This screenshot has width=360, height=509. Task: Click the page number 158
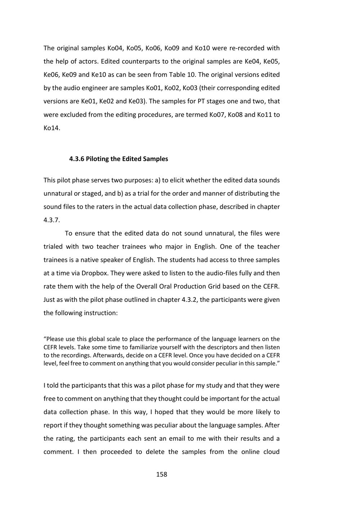pyautogui.click(x=162, y=474)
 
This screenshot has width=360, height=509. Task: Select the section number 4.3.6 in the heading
pyautogui.click(x=76, y=159)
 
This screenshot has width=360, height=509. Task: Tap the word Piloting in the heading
pyautogui.click(x=97, y=159)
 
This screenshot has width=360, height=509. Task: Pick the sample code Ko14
pyautogui.click(x=52, y=128)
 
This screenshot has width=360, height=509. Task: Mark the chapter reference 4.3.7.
pyautogui.click(x=51, y=220)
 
